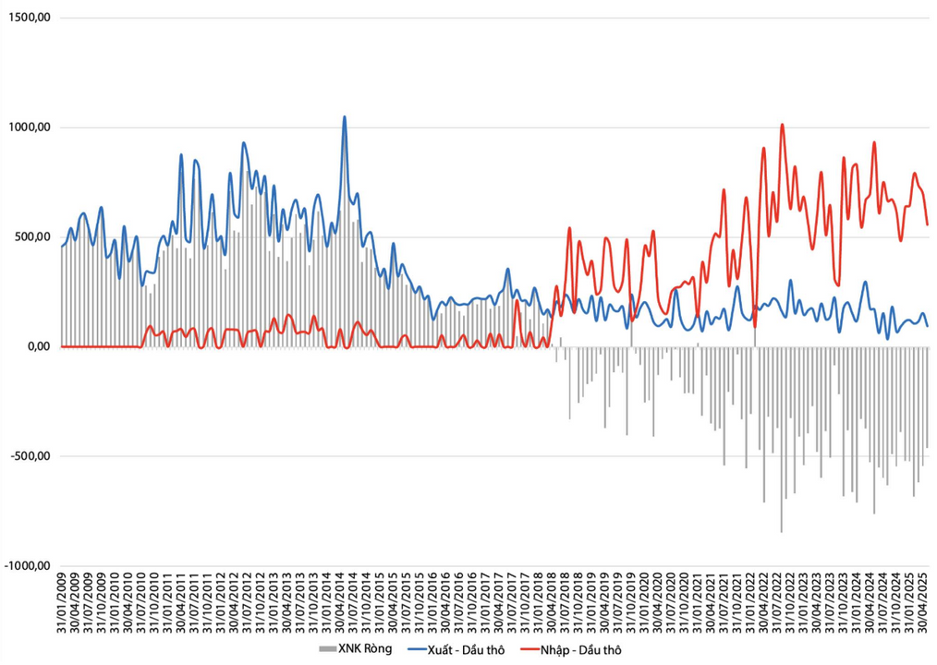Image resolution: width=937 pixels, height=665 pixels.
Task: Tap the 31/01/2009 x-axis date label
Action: [63, 604]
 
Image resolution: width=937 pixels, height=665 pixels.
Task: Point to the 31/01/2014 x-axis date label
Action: [327, 604]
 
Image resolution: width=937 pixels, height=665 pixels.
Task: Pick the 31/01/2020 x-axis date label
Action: [643, 604]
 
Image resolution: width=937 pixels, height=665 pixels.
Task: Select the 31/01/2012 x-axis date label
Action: [221, 604]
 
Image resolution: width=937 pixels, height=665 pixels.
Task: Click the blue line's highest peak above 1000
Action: [345, 117]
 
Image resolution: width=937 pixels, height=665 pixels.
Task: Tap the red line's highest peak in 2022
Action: [782, 125]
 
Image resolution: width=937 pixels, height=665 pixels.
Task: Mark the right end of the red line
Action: [928, 224]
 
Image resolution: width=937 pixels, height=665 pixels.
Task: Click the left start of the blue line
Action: [62, 246]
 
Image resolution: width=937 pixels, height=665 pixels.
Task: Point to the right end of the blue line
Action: [928, 325]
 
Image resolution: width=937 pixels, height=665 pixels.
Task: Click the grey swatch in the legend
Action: [327, 648]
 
